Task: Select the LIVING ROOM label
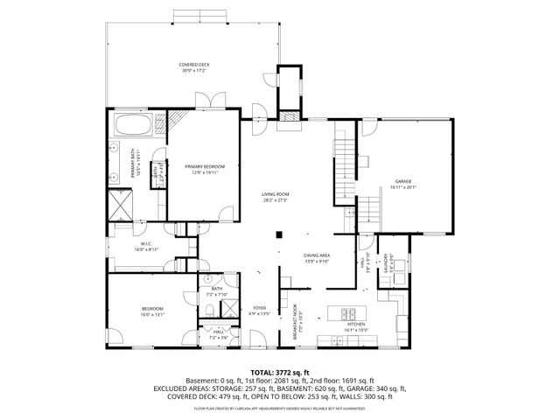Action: pos(276,197)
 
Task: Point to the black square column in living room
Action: pos(278,234)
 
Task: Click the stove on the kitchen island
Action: pos(347,313)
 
